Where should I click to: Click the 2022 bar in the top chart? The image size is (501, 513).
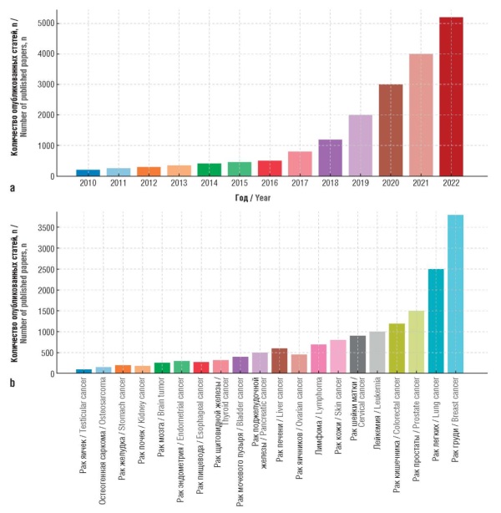pyautogui.click(x=451, y=96)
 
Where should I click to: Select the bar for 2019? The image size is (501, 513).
pyautogui.click(x=361, y=145)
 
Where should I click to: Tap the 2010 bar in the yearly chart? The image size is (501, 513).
pyautogui.click(x=89, y=172)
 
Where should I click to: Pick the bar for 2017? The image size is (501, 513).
pyautogui.click(x=301, y=164)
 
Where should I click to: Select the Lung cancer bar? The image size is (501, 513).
pyautogui.click(x=436, y=321)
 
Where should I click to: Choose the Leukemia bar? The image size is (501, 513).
pyautogui.click(x=377, y=352)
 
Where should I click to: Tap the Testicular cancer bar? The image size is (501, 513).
pyautogui.click(x=84, y=370)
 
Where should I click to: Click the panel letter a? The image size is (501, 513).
pyautogui.click(x=12, y=188)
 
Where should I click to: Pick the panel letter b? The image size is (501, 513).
pyautogui.click(x=12, y=383)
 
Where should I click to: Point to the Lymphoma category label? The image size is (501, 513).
pyautogui.click(x=319, y=412)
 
